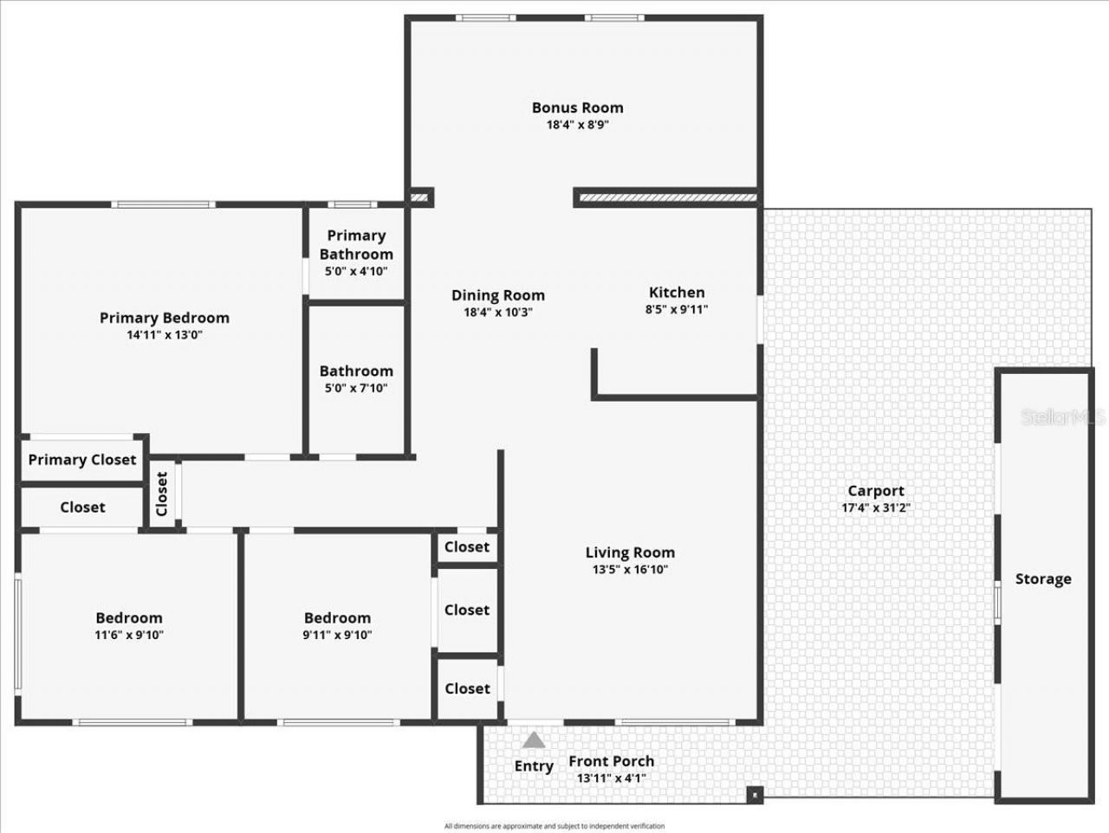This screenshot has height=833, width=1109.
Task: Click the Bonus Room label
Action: pyautogui.click(x=577, y=107)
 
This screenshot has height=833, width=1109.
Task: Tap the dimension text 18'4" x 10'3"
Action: pyautogui.click(x=497, y=313)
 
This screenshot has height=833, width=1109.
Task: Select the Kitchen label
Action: pyautogui.click(x=677, y=292)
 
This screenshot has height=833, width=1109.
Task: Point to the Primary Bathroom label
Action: pyautogui.click(x=356, y=244)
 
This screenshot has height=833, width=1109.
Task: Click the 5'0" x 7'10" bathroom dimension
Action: pyautogui.click(x=356, y=388)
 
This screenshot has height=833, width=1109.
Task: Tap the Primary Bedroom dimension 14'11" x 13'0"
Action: pyautogui.click(x=164, y=335)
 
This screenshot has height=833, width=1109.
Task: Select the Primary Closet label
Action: pyautogui.click(x=82, y=460)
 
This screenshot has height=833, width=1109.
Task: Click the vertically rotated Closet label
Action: pyautogui.click(x=162, y=494)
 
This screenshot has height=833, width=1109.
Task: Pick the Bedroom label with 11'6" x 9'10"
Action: pyautogui.click(x=129, y=617)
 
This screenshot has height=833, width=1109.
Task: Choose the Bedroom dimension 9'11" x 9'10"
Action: pyautogui.click(x=337, y=635)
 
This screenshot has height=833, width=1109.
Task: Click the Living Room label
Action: pyautogui.click(x=630, y=552)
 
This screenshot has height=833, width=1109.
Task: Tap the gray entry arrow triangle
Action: pyautogui.click(x=534, y=740)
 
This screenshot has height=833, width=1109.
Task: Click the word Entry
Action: pyautogui.click(x=534, y=766)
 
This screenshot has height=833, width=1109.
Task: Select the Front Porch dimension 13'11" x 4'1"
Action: pyautogui.click(x=611, y=778)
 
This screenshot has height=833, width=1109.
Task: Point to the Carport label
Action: pyautogui.click(x=875, y=491)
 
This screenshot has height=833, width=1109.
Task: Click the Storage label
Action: pyautogui.click(x=1043, y=578)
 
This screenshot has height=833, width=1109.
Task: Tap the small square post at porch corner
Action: pyautogui.click(x=755, y=794)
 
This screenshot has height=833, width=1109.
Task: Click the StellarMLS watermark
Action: pyautogui.click(x=1063, y=418)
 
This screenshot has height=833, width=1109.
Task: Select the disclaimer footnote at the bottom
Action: pyautogui.click(x=554, y=826)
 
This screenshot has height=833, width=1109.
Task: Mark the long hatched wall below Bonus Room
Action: pyautogui.click(x=666, y=198)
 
